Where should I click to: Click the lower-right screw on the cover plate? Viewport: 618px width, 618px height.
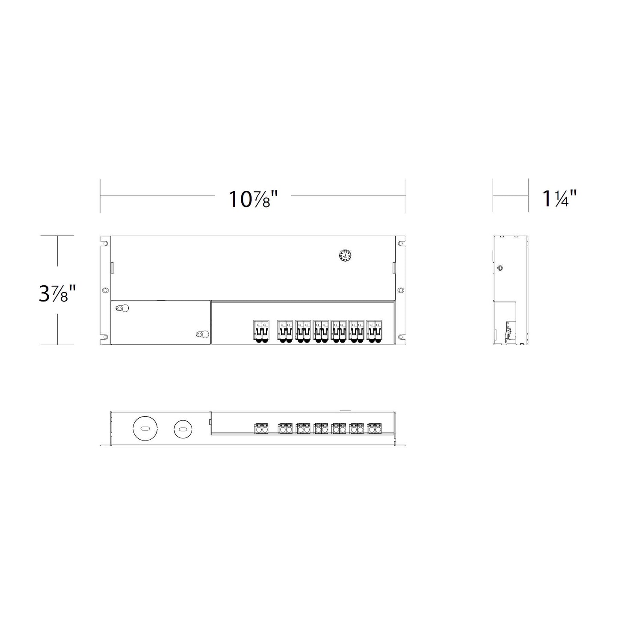[200, 334]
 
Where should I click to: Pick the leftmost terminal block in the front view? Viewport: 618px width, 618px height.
[262, 331]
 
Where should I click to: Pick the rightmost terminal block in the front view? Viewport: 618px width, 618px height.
[374, 331]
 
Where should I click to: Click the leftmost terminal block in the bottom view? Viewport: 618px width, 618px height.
[262, 428]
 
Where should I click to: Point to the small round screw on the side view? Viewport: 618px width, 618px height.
[500, 268]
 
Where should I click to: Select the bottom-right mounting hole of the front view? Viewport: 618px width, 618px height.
[401, 337]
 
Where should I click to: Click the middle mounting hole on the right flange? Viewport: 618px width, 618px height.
[400, 290]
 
